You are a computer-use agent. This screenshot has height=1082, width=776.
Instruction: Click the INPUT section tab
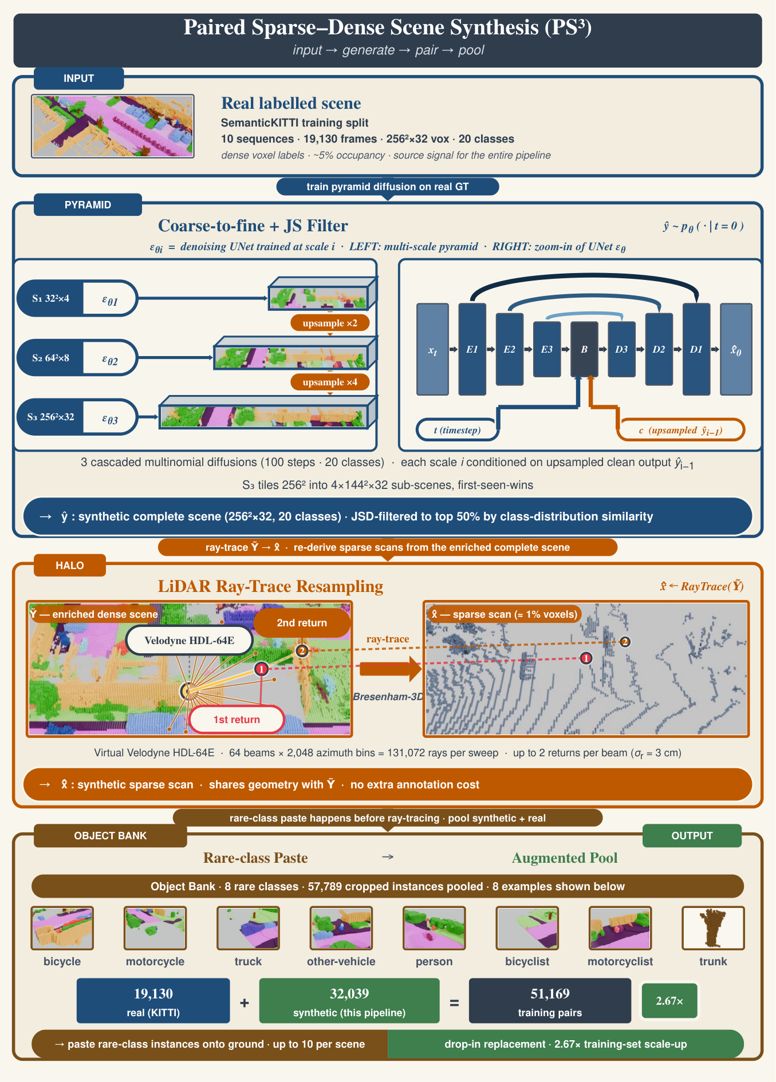[x=78, y=78]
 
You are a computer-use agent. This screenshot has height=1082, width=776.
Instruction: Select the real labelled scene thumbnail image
[x=113, y=126]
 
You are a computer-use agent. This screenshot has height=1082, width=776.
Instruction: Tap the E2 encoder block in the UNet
[x=509, y=349]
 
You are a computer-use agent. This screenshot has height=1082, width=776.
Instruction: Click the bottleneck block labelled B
[x=584, y=349]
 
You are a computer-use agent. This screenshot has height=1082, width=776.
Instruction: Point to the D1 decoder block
[x=696, y=349]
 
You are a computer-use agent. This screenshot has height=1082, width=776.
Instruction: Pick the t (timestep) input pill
[x=457, y=430]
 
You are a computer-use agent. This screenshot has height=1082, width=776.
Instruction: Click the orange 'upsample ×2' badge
[x=330, y=323]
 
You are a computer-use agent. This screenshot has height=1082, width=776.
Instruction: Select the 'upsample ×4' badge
[x=330, y=382]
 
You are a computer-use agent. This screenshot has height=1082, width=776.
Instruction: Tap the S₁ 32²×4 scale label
[x=50, y=298]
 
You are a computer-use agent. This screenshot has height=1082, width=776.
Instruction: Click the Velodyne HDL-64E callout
[x=189, y=640]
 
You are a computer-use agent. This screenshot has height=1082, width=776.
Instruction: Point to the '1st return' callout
[x=237, y=720]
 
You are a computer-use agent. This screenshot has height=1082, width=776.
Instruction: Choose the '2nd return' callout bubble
[x=302, y=623]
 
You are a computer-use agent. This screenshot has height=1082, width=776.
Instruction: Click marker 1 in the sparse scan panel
[x=586, y=658]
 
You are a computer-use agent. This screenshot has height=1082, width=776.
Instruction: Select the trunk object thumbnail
[x=713, y=928]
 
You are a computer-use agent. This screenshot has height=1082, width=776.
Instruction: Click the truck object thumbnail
[x=248, y=928]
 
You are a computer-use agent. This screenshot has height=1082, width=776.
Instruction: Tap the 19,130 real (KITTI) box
[x=153, y=1001]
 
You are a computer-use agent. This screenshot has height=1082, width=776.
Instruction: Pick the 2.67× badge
[x=669, y=1001]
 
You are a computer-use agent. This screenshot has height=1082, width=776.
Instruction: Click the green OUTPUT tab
[x=692, y=836]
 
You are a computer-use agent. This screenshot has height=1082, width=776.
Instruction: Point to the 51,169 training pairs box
[x=550, y=1001]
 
